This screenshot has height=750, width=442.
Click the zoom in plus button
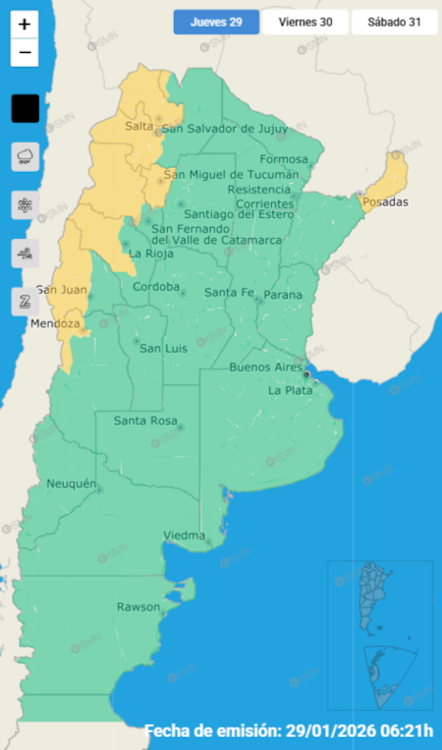(x=25, y=25)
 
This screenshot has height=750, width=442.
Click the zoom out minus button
(x=25, y=52)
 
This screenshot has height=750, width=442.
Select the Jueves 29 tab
(x=216, y=22)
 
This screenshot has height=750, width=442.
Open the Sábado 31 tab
(x=393, y=22)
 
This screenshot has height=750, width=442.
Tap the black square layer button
(x=25, y=108)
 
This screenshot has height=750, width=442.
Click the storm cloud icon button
(x=25, y=156)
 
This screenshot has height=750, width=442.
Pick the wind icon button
(x=25, y=253)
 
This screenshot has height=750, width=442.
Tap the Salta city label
(x=139, y=126)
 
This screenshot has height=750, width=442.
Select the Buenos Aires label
(x=265, y=367)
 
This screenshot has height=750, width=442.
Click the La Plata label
(x=290, y=390)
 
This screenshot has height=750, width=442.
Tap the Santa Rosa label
(x=145, y=422)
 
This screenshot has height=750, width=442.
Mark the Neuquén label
(x=71, y=484)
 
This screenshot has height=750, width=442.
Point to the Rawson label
(x=138, y=606)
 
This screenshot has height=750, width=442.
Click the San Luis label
(x=163, y=348)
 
